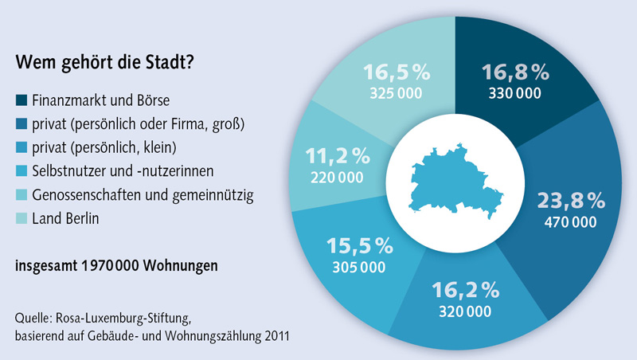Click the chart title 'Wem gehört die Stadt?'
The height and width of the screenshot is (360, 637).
(105, 62)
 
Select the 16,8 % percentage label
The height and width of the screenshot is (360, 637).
(515, 73)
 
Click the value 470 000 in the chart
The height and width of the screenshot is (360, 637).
(569, 222)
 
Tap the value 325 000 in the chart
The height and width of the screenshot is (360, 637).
(397, 93)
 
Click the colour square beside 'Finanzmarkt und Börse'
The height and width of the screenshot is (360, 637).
(21, 101)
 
